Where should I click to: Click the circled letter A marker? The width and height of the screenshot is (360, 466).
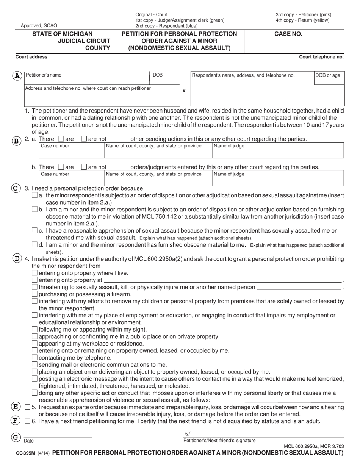point(17,76)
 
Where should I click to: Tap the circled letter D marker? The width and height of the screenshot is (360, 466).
point(17,259)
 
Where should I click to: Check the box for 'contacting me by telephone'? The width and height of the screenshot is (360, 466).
point(35,357)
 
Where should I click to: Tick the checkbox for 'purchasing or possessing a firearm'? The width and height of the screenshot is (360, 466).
point(35,294)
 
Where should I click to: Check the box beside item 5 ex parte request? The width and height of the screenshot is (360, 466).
point(27,407)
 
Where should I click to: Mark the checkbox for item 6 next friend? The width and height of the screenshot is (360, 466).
point(27,421)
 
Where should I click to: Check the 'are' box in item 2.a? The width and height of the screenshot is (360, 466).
point(61,139)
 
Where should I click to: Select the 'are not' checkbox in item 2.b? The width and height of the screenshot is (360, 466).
point(84,167)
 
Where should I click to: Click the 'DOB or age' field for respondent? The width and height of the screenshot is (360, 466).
point(329,87)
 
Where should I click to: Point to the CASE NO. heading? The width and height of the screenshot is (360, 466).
point(288,34)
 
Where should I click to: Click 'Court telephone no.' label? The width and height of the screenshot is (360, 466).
point(321,57)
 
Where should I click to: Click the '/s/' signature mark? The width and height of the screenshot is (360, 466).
point(187,434)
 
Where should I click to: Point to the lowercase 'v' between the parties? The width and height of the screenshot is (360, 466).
point(184,91)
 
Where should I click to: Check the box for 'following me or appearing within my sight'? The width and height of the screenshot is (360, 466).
point(35,329)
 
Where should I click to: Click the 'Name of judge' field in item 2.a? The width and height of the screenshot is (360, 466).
point(277,150)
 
